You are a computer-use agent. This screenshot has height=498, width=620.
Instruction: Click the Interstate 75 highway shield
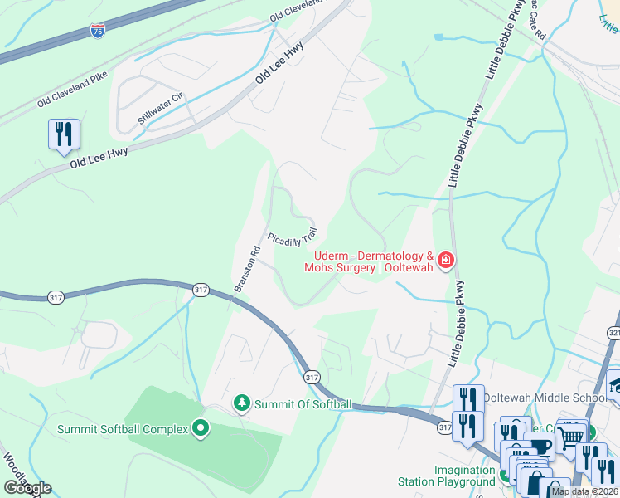tap(98, 32)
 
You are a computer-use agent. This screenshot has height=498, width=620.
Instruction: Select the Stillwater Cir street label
tap(160, 109)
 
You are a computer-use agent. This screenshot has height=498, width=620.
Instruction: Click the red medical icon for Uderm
tap(447, 261)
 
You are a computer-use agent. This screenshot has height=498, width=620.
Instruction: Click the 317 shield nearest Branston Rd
tap(200, 289)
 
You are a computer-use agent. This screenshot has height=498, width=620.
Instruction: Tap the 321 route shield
tap(613, 333)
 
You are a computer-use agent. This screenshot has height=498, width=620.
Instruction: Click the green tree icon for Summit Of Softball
tap(241, 403)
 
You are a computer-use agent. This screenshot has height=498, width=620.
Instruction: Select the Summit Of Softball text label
tap(303, 404)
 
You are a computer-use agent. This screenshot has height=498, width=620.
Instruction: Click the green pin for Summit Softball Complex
tap(200, 428)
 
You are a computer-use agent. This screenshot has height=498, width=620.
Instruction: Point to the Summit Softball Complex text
tap(123, 429)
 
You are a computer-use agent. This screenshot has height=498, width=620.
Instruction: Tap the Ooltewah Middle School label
tap(544, 398)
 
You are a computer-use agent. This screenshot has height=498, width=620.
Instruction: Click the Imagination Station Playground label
tap(464, 475)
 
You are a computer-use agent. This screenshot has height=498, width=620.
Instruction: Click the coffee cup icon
tap(540, 447)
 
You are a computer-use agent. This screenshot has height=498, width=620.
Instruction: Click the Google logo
tap(27, 488)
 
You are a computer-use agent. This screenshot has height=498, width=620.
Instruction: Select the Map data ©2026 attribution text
tap(584, 491)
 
